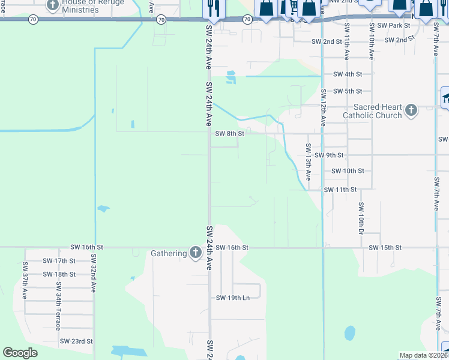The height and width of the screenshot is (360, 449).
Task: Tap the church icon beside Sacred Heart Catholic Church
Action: [411, 110]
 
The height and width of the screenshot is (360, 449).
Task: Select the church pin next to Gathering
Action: [195, 253]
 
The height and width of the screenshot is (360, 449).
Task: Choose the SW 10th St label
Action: [348, 171]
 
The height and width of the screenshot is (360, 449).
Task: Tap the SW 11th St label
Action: [340, 190]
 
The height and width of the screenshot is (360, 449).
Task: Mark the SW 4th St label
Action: [348, 74]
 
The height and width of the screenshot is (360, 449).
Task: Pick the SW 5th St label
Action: [348, 91]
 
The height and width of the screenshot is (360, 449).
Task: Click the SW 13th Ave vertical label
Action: [308, 162]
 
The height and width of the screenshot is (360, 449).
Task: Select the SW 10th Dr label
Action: [361, 218]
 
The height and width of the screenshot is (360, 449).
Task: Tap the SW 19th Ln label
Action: [233, 298]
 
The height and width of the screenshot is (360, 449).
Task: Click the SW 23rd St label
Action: [76, 341]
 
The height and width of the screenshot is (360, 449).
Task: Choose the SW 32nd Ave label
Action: [94, 272]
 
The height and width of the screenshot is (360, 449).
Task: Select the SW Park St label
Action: [390, 26]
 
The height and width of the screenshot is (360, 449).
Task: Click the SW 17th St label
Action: [59, 261]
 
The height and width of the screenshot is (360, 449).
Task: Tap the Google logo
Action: [20, 353]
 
